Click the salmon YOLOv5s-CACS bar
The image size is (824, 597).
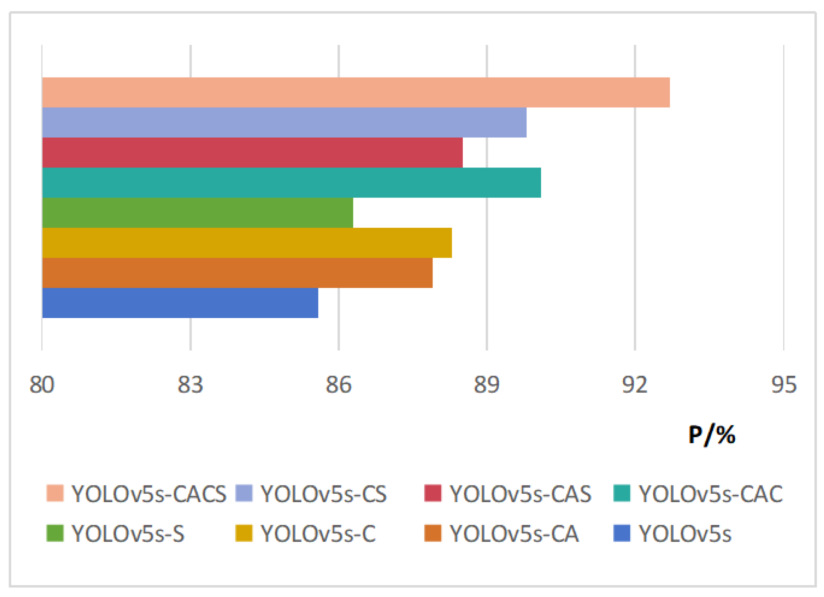pyautogui.click(x=356, y=92)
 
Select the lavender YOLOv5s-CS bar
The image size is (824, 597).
pyautogui.click(x=284, y=122)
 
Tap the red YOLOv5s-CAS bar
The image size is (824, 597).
pyautogui.click(x=252, y=152)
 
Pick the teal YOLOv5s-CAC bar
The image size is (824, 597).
pyautogui.click(x=291, y=183)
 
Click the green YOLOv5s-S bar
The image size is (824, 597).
pyautogui.click(x=197, y=213)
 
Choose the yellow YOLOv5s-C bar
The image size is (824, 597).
pyautogui.click(x=247, y=243)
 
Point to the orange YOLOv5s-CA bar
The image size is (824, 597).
pyautogui.click(x=237, y=273)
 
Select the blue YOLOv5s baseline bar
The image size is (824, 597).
pyautogui.click(x=180, y=303)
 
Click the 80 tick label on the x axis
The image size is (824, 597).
pyautogui.click(x=42, y=385)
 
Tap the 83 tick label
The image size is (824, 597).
pyautogui.click(x=190, y=385)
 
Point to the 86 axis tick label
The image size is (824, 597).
pyautogui.click(x=338, y=385)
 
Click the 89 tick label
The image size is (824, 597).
pyautogui.click(x=486, y=385)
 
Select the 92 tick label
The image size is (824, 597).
pyautogui.click(x=635, y=385)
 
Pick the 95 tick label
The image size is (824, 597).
pyautogui.click(x=784, y=385)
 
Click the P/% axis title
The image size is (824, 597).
pyautogui.click(x=712, y=435)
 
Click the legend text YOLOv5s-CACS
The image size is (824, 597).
pyautogui.click(x=149, y=494)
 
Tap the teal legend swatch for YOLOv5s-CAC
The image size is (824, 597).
pyautogui.click(x=622, y=493)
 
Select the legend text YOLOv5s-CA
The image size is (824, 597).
pyautogui.click(x=514, y=534)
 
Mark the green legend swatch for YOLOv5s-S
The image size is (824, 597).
pyautogui.click(x=55, y=533)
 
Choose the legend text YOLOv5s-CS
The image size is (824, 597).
pyautogui.click(x=323, y=494)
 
